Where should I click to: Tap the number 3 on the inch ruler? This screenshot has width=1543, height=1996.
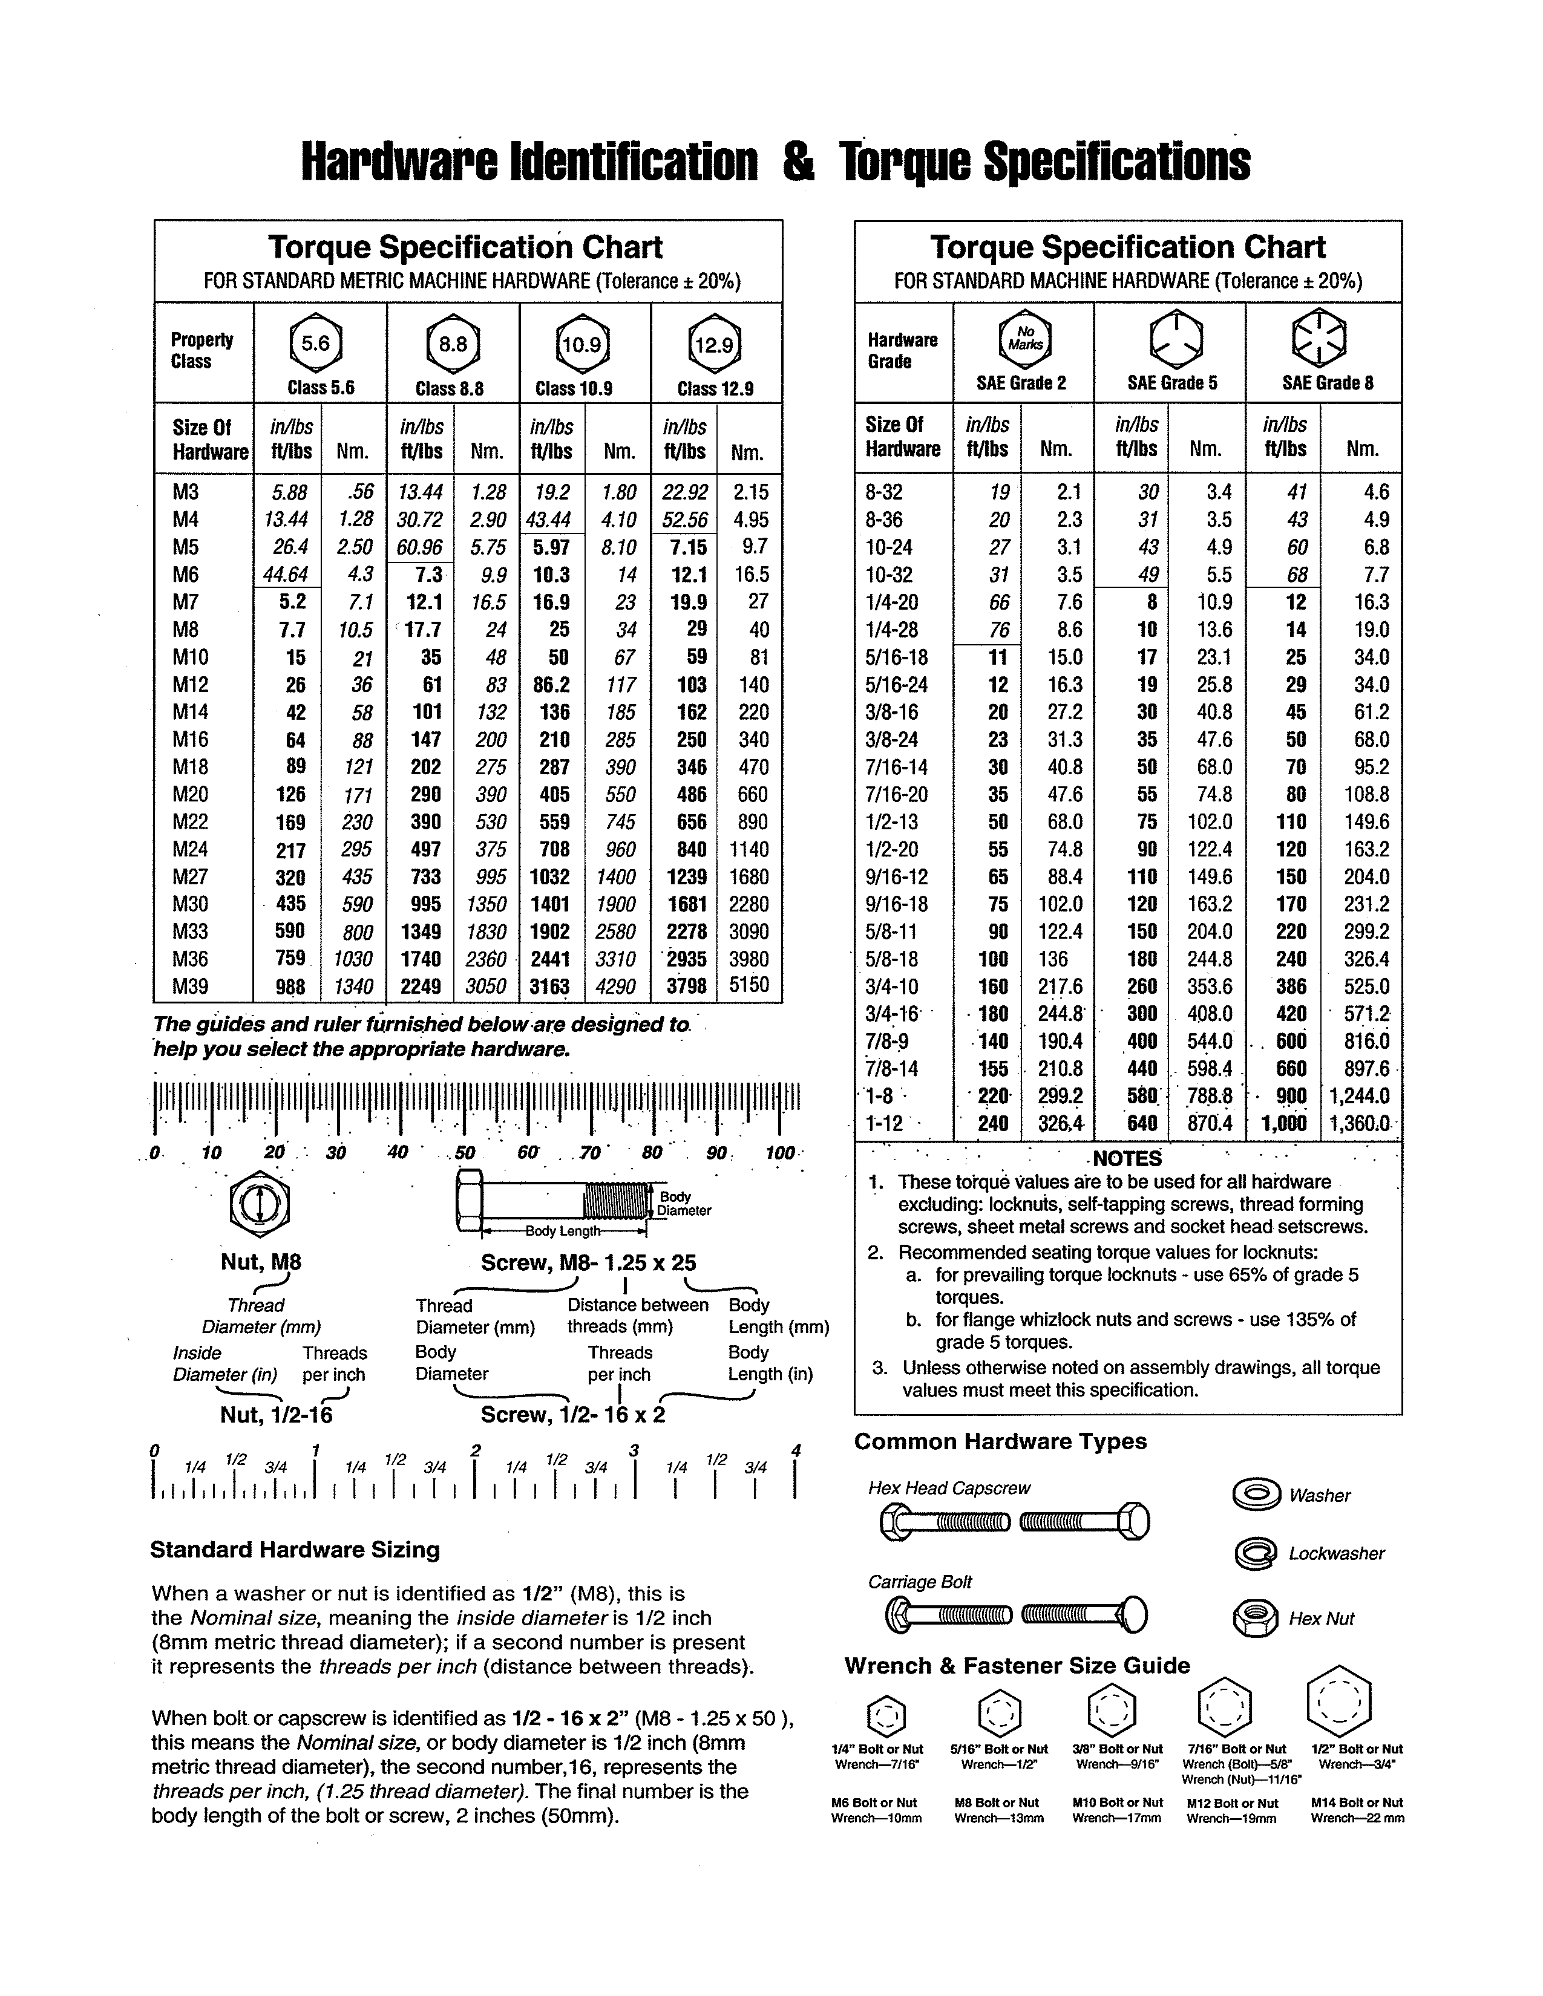point(634,1450)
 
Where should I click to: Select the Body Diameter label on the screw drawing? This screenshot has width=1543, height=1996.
point(682,1204)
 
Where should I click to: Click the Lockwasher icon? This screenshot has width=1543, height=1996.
point(1255,1554)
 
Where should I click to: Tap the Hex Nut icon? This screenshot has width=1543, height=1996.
point(1255,1619)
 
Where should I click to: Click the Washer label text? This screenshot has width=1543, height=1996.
point(1319,1496)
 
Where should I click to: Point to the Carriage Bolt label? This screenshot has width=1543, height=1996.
point(920,1582)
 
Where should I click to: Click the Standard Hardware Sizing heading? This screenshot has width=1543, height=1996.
point(294,1550)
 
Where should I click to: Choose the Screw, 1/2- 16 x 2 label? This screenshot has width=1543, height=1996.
point(573,1415)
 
